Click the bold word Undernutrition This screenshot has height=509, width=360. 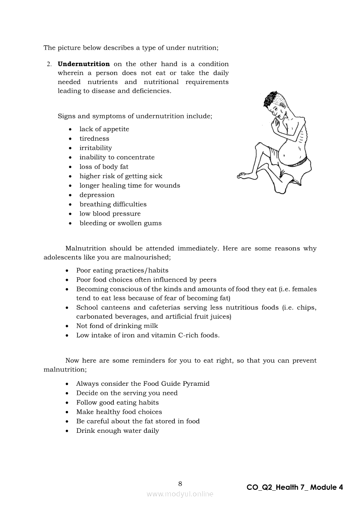pyautogui.click(x=84, y=64)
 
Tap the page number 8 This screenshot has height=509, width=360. pyautogui.click(x=180, y=483)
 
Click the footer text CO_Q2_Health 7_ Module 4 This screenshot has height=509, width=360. pyautogui.click(x=295, y=487)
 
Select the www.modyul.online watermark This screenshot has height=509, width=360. pyautogui.click(x=180, y=494)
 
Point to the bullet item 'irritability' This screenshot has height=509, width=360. pyautogui.click(x=95, y=148)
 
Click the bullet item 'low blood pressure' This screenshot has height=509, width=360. pyautogui.click(x=110, y=214)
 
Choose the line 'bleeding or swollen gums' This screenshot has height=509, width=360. pyautogui.click(x=120, y=223)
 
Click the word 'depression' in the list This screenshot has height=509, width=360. pyautogui.click(x=97, y=195)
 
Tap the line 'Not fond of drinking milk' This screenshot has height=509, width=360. pyautogui.click(x=117, y=326)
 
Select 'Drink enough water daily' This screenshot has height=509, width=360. pyautogui.click(x=117, y=431)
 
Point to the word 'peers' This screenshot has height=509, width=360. pyautogui.click(x=207, y=280)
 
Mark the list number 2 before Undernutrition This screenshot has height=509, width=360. pyautogui.click(x=49, y=64)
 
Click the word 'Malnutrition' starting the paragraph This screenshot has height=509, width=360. pyautogui.click(x=85, y=249)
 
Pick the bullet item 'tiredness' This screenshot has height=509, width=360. pyautogui.click(x=94, y=138)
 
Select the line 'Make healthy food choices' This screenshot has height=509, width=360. pyautogui.click(x=119, y=412)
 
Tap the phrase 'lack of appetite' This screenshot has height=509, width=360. pyautogui.click(x=104, y=129)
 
